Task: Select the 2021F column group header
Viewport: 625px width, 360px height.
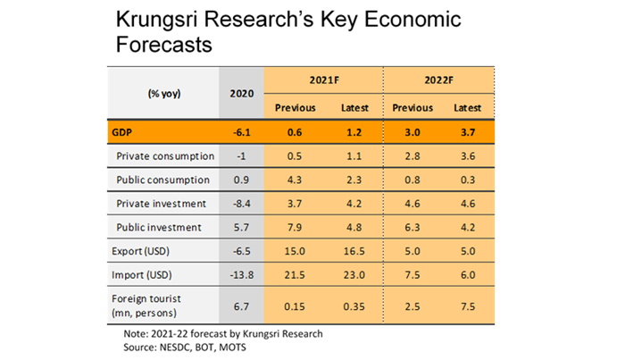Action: [x=324, y=80]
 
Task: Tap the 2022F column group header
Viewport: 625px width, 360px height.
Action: [x=438, y=80]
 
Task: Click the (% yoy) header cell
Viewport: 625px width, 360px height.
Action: [x=164, y=94]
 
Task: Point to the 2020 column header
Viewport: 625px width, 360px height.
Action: [x=242, y=94]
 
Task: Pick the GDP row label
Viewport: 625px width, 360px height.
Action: [x=121, y=132]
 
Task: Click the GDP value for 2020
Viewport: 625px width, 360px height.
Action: [x=242, y=132]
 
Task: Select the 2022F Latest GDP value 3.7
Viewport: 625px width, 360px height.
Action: [x=468, y=132]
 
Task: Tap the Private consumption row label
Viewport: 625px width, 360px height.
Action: [x=165, y=156]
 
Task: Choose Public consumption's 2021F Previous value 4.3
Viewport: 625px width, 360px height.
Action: [x=294, y=180]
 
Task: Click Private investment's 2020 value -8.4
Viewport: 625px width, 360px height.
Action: [x=242, y=204]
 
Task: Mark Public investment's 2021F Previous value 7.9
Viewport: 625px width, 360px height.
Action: [x=294, y=227]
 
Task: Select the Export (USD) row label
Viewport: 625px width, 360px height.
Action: [x=140, y=251]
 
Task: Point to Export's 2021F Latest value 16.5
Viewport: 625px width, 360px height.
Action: [x=354, y=251]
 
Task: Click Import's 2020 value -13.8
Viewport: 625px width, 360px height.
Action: [x=242, y=275]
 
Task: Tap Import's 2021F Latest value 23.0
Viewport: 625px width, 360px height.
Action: [x=354, y=275]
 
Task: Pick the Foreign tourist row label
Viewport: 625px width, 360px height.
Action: [x=146, y=306]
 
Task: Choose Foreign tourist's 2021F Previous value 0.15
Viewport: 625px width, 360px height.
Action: [x=294, y=306]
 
